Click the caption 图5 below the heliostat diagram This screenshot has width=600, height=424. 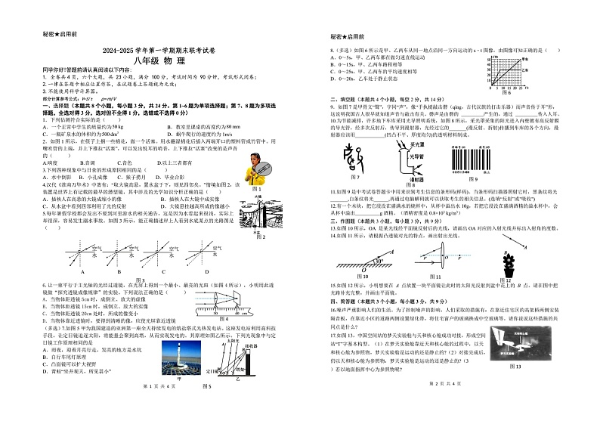click(x=207, y=406)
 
